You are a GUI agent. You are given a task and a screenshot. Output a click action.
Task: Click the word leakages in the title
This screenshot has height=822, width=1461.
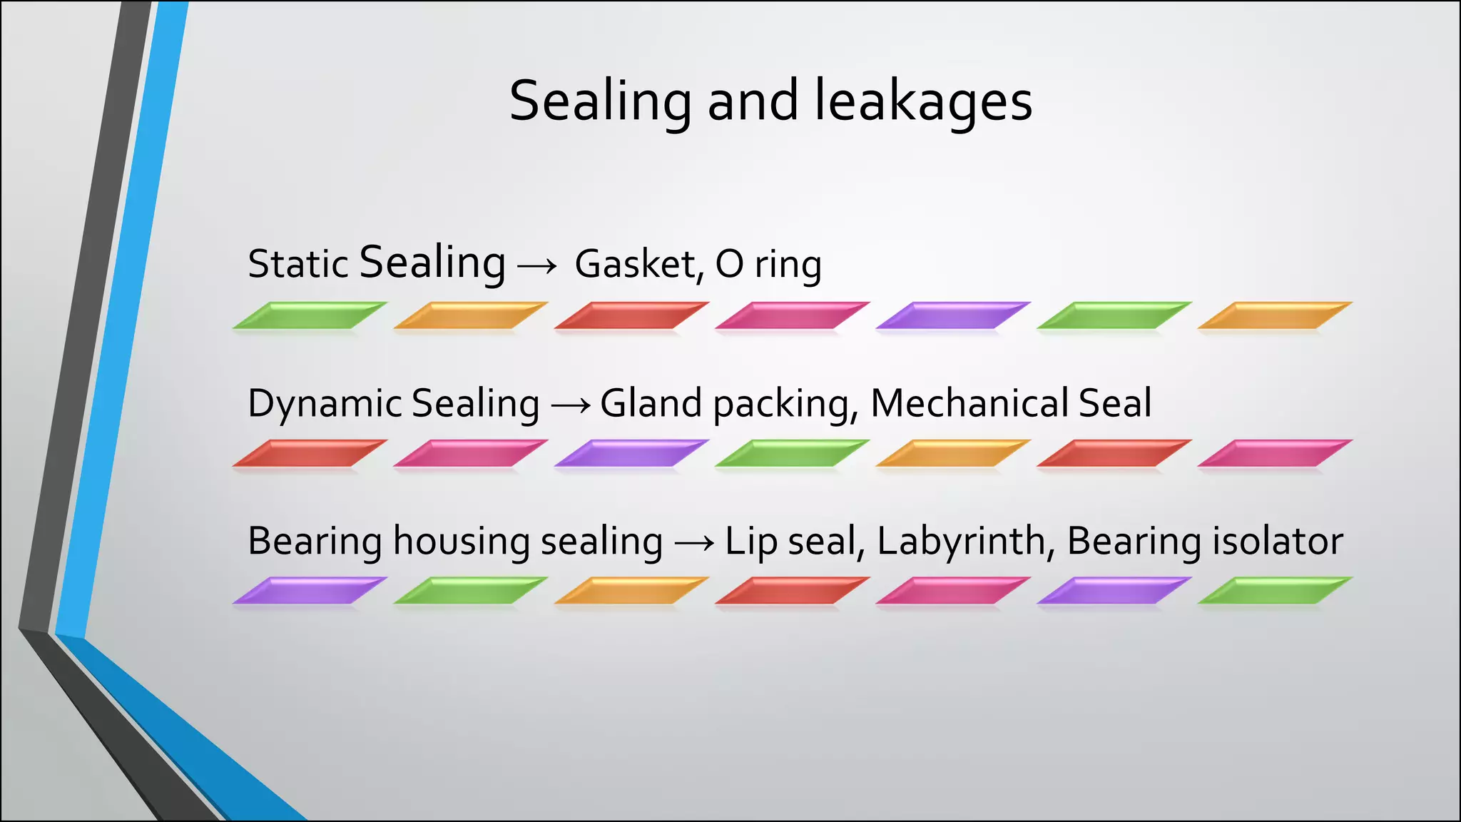tap(923, 101)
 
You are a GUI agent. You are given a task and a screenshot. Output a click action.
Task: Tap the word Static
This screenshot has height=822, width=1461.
tap(297, 264)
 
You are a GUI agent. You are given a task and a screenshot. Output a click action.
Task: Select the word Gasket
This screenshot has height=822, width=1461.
tap(634, 264)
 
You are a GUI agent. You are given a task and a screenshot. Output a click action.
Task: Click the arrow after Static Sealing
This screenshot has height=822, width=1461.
tap(536, 266)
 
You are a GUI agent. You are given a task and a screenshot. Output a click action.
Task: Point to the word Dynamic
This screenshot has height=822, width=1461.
tap(325, 404)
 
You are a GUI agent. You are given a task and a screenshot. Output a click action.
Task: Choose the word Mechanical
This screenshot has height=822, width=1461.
tap(969, 403)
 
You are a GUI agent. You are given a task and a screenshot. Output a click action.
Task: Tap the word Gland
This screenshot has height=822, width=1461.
tap(651, 403)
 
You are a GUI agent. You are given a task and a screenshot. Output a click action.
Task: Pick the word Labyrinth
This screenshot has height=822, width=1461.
tap(961, 542)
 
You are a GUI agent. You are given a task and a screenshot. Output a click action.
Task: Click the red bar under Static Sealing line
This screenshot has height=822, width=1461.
tap(631, 315)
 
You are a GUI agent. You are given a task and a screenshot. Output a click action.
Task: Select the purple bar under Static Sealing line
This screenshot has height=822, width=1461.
tap(953, 315)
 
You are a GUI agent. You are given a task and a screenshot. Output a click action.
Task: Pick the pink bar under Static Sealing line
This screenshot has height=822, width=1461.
tap(792, 315)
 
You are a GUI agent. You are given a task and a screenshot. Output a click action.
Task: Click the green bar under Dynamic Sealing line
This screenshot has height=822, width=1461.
tap(792, 453)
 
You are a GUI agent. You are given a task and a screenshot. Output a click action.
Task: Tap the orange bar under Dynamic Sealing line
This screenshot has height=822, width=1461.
tap(953, 453)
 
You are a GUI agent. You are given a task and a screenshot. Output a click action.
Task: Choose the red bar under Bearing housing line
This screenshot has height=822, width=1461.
tap(792, 591)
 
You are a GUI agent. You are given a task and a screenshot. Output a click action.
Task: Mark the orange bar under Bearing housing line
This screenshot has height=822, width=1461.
tap(631, 591)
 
